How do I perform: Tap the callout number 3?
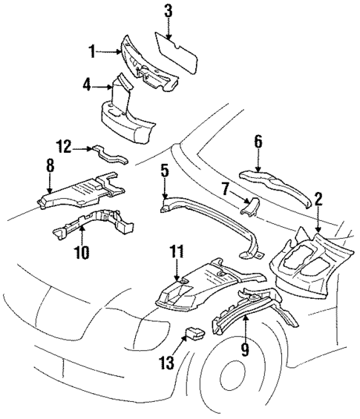(x=168, y=10)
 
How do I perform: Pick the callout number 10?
(x=82, y=253)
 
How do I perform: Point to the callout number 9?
(x=244, y=349)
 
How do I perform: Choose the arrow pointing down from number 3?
(x=168, y=28)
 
